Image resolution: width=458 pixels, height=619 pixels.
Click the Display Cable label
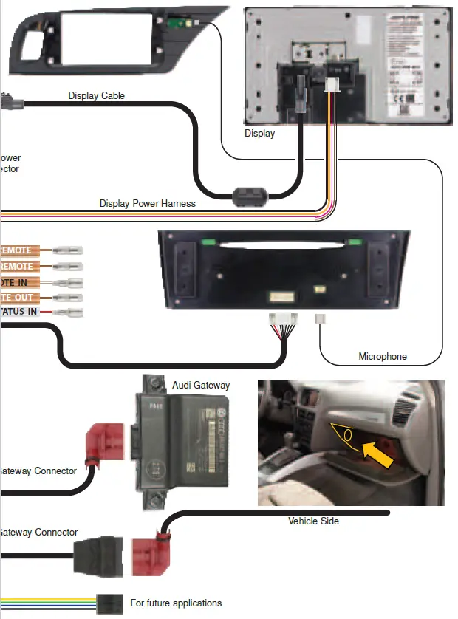click(x=97, y=95)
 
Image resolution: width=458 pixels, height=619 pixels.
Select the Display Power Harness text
click(x=148, y=203)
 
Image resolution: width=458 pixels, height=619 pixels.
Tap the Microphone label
click(x=383, y=357)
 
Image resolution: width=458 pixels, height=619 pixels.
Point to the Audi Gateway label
click(x=201, y=385)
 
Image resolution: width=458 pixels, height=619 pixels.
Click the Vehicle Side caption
click(x=313, y=521)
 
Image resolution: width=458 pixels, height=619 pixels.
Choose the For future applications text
click(x=176, y=603)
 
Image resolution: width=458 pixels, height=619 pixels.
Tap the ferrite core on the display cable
click(x=248, y=196)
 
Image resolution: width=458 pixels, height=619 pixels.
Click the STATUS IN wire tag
click(x=18, y=312)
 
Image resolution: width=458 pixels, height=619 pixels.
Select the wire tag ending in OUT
click(x=18, y=297)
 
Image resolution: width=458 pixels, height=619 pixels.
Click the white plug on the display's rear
click(x=331, y=86)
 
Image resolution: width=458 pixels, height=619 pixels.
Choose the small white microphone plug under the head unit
click(x=321, y=319)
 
